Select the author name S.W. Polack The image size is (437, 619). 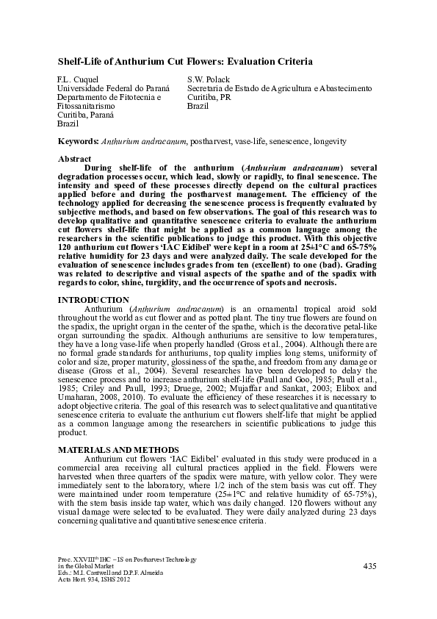[x=209, y=79]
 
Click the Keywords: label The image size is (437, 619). [x=78, y=140]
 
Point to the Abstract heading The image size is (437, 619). [x=74, y=159]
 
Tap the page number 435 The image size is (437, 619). [x=369, y=566]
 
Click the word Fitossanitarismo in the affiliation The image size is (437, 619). [x=86, y=106]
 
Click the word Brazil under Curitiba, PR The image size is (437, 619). [x=198, y=106]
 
